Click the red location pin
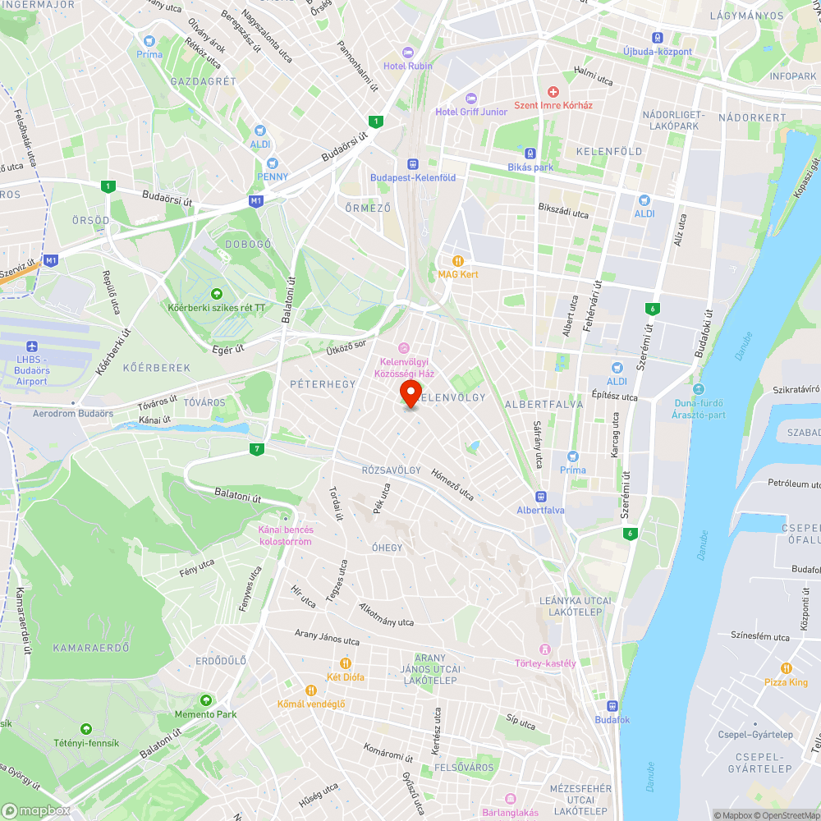(x=410, y=392)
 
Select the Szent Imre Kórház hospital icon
(x=553, y=91)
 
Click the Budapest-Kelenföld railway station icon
(x=411, y=163)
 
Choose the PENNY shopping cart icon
(x=273, y=163)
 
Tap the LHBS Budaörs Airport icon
(x=32, y=347)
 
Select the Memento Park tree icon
(x=205, y=700)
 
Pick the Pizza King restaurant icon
(x=787, y=668)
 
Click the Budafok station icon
(x=612, y=706)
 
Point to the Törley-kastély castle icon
(x=545, y=649)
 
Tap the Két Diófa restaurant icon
(x=346, y=663)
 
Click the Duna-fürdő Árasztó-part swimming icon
(x=699, y=388)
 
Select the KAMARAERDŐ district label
(x=91, y=649)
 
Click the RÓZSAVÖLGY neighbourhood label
(x=391, y=470)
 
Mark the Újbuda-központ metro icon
(x=657, y=38)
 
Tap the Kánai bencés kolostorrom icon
(x=285, y=517)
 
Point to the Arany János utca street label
(x=328, y=636)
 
